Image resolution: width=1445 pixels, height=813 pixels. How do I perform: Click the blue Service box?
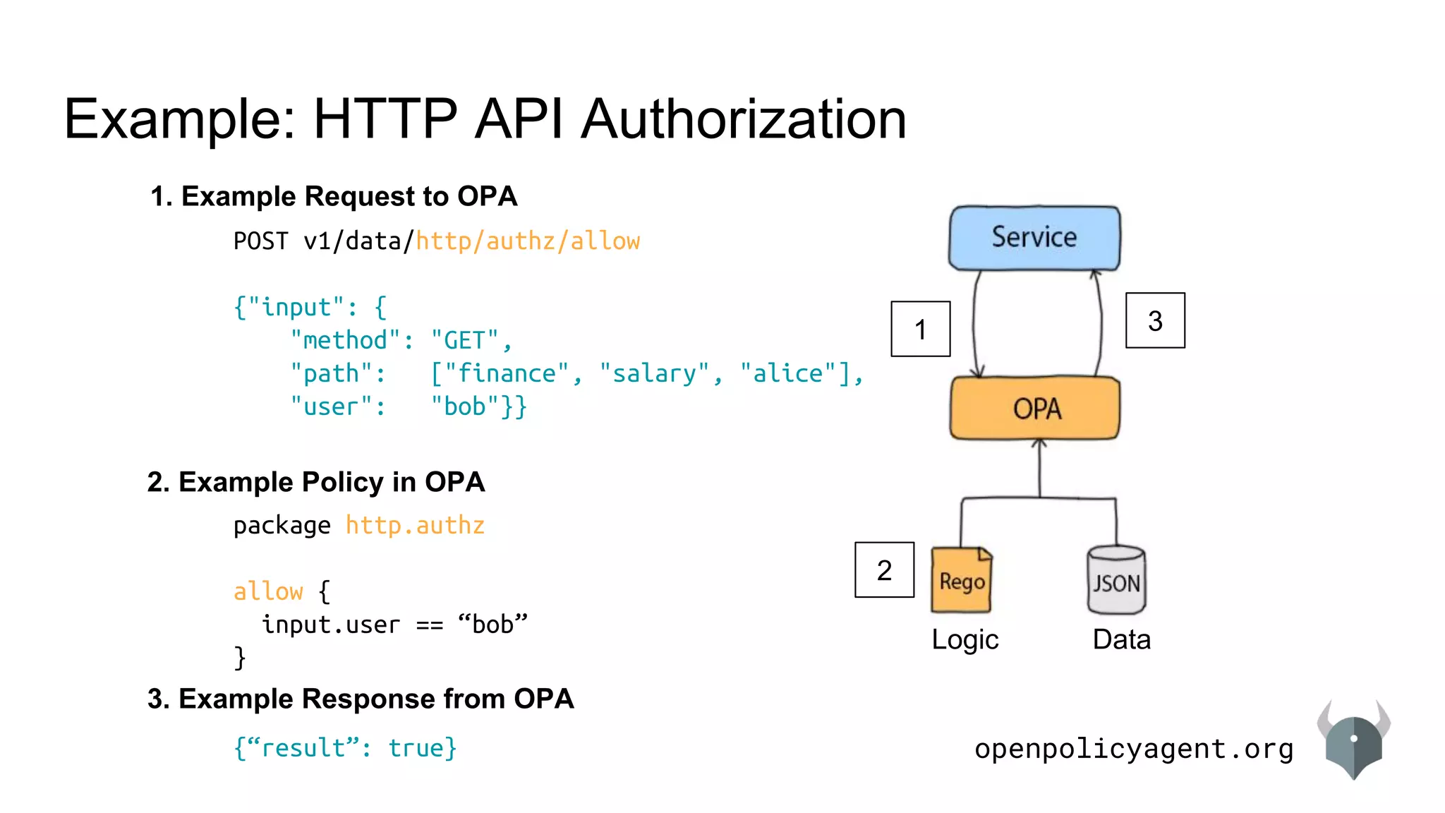point(1034,238)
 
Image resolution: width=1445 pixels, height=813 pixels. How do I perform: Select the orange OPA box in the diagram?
point(1035,408)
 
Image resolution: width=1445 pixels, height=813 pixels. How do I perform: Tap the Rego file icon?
point(961,580)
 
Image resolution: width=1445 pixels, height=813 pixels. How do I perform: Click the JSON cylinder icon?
point(1116,580)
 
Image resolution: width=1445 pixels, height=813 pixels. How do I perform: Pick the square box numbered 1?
point(920,329)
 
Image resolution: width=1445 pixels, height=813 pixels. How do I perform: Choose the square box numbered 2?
point(884,570)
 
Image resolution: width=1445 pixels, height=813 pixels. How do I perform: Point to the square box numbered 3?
point(1155,320)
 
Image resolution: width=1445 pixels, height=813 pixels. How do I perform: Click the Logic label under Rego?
point(965,639)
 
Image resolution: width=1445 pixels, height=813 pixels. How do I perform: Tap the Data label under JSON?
point(1121,639)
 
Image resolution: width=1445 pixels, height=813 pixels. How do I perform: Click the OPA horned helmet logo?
point(1353,741)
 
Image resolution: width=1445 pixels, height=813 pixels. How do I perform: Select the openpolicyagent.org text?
point(1134,749)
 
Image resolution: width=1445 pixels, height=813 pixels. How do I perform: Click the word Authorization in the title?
point(744,119)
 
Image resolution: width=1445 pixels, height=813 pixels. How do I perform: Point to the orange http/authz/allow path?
point(528,241)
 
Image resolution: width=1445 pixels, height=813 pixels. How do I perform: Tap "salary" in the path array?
point(654,374)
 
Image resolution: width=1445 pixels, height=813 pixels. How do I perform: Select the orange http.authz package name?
point(415,526)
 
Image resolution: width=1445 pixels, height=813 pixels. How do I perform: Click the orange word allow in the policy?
point(268,591)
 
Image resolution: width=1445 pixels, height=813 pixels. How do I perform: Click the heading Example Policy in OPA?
point(316,482)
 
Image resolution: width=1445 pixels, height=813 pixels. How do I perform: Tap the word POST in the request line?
point(260,241)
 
